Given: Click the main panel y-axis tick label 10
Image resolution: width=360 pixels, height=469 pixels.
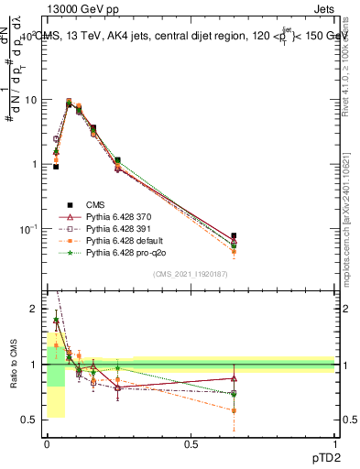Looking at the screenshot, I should (30, 100).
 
